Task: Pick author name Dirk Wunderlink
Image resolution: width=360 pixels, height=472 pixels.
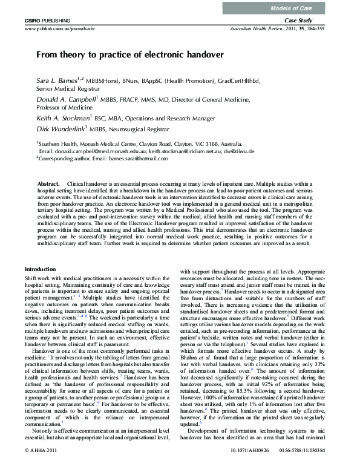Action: coord(60,129)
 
